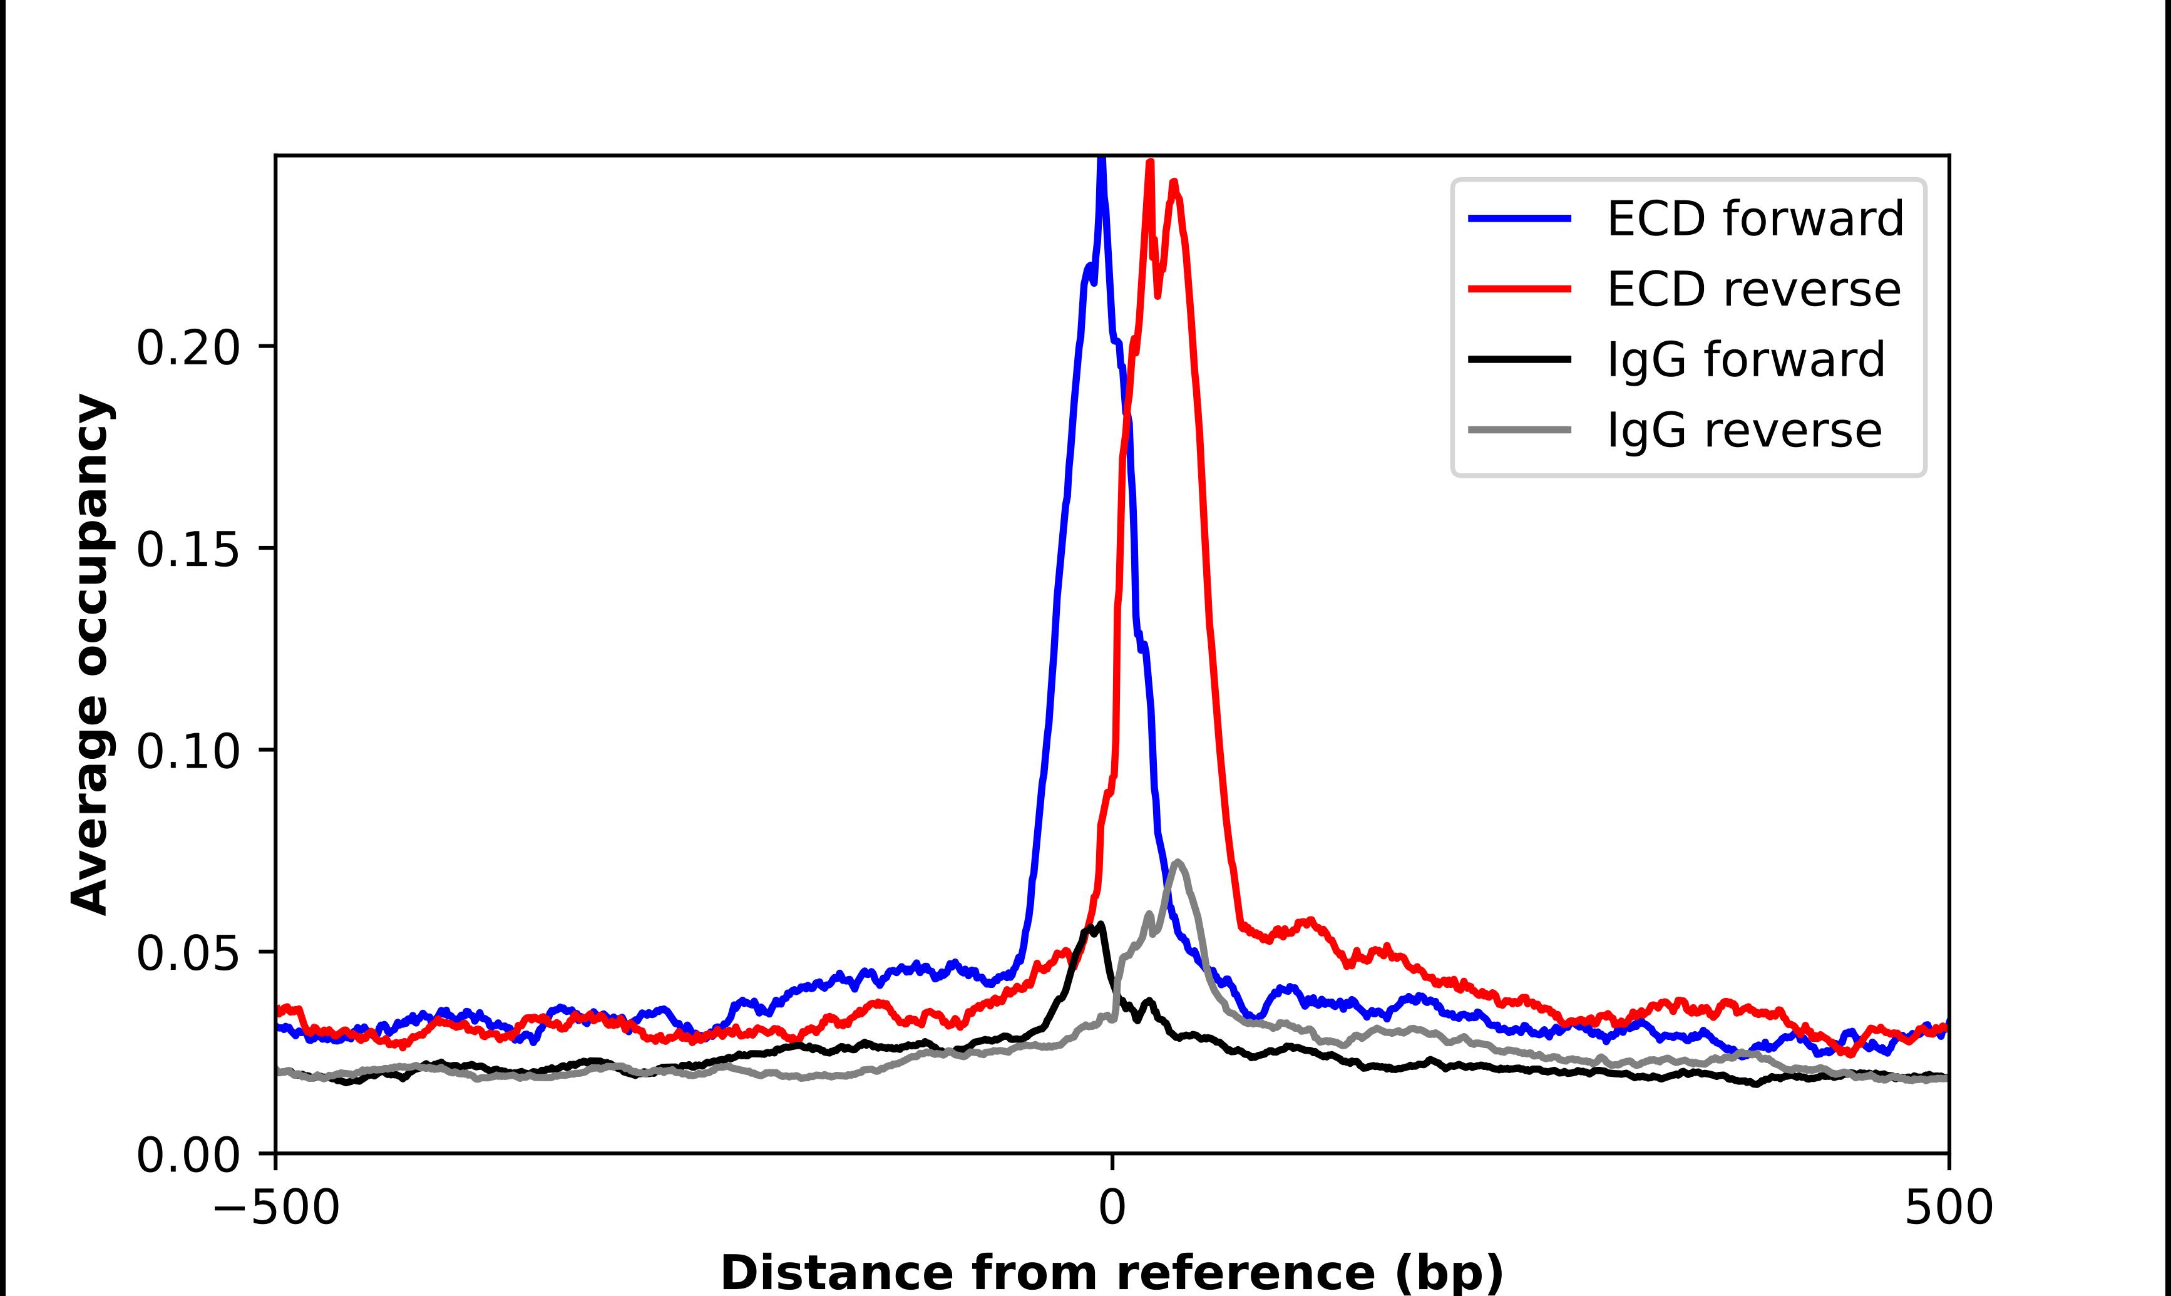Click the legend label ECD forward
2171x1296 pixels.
[x=1755, y=219]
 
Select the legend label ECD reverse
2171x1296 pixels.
[x=1753, y=289]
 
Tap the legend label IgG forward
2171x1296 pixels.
[x=1746, y=360]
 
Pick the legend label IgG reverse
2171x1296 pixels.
[x=1744, y=431]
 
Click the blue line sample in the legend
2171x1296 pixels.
[x=1520, y=219]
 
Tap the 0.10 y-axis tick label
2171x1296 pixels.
[x=188, y=752]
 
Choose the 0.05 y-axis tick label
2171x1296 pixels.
[x=188, y=954]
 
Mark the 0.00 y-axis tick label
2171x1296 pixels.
[x=188, y=1155]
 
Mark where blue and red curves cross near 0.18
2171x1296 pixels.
[x=1126, y=411]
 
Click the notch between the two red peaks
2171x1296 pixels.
[x=1157, y=295]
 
